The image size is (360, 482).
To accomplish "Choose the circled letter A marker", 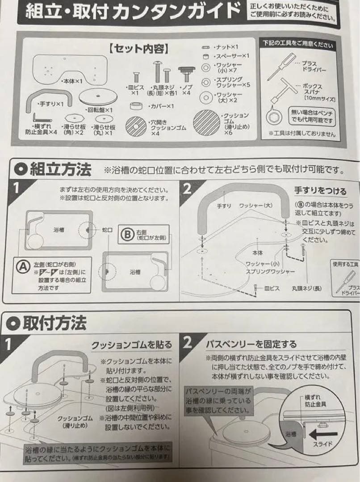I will click(x=22, y=266).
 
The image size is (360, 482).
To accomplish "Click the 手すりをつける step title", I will click(x=319, y=191).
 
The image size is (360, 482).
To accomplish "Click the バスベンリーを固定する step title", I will click(x=251, y=344).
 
